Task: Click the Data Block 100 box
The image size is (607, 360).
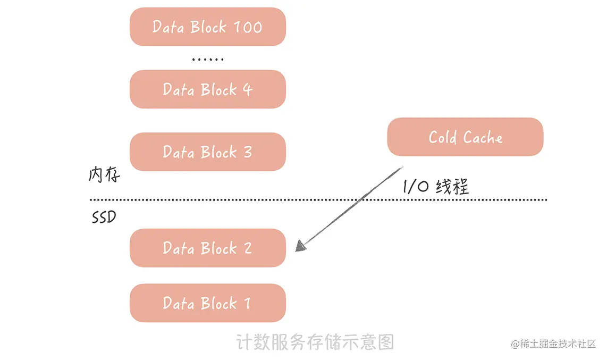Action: click(x=208, y=27)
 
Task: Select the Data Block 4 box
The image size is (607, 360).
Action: click(x=208, y=89)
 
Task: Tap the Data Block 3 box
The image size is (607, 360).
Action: click(x=208, y=152)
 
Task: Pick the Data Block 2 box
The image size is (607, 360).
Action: click(x=208, y=248)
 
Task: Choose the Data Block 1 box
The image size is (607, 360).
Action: click(x=208, y=303)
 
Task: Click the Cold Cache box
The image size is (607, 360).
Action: click(x=465, y=137)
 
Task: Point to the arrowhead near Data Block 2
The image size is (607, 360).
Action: click(x=301, y=245)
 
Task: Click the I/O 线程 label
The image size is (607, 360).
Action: click(x=436, y=187)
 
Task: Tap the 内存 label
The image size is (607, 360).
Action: click(x=104, y=175)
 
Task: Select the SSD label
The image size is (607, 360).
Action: click(x=104, y=217)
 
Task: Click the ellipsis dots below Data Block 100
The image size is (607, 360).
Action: click(x=208, y=59)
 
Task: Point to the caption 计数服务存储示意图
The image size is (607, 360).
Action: click(x=315, y=341)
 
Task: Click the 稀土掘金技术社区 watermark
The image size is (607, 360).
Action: click(x=554, y=344)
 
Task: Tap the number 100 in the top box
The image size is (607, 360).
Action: click(x=248, y=27)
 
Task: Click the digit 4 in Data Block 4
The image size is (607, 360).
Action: click(x=247, y=89)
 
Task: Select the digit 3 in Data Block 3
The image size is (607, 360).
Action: click(x=247, y=152)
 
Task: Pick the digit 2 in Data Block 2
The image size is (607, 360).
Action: click(x=247, y=248)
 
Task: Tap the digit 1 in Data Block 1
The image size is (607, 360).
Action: click(x=247, y=303)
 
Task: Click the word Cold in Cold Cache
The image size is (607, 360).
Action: click(x=443, y=137)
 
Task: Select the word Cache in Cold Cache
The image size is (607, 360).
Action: click(x=483, y=137)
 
